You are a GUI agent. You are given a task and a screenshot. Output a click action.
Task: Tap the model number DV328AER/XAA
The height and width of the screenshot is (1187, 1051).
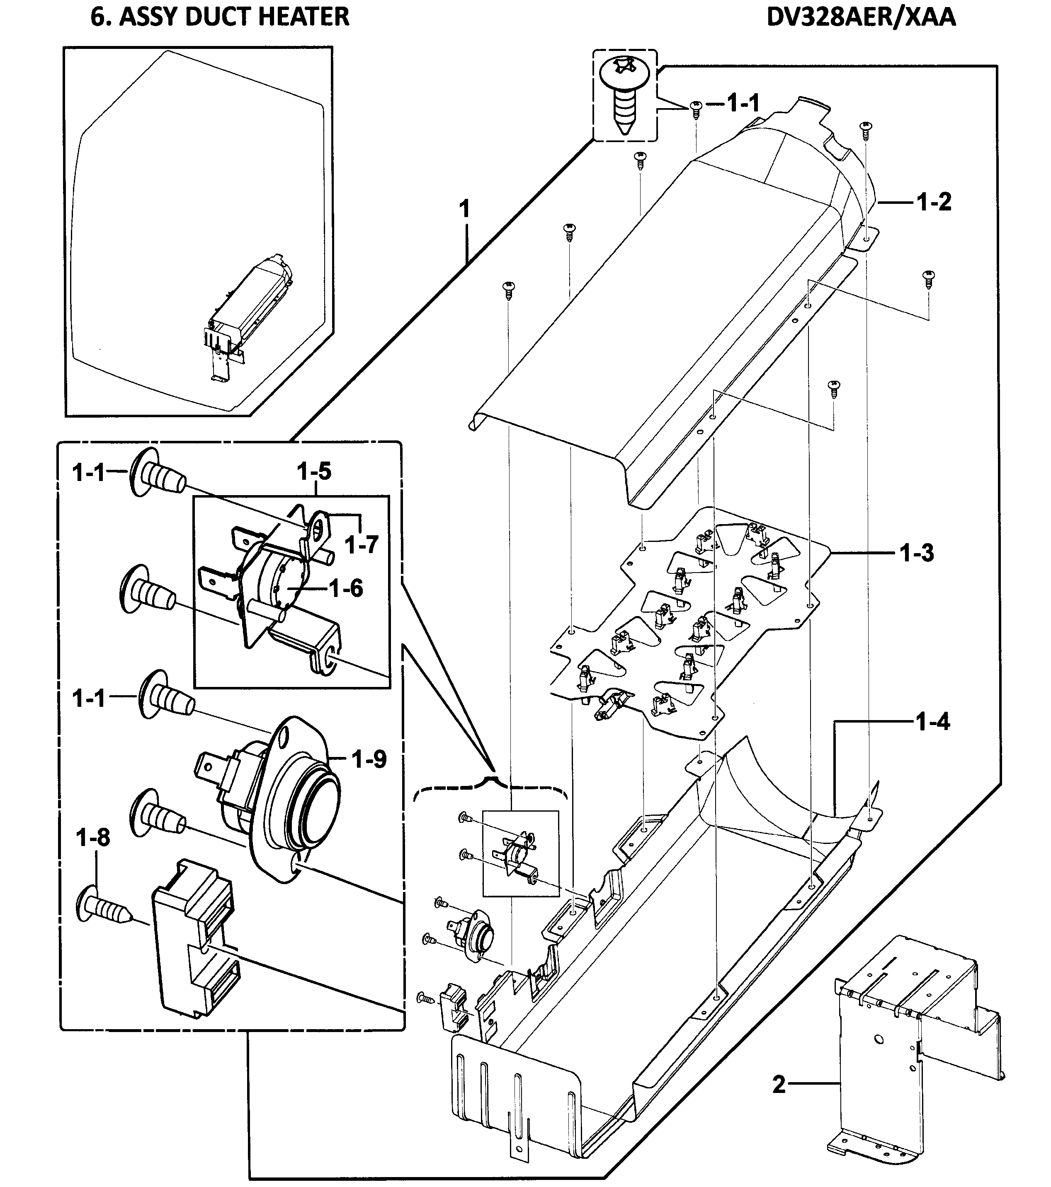(x=861, y=17)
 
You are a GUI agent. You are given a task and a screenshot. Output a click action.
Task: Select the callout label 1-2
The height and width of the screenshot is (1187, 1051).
(x=934, y=202)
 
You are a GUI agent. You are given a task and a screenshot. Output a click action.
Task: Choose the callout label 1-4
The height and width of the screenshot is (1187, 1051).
(x=932, y=723)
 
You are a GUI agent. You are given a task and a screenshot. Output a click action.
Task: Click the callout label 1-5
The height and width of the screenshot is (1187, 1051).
(x=314, y=471)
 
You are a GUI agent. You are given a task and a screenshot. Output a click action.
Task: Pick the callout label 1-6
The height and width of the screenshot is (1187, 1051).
(x=346, y=589)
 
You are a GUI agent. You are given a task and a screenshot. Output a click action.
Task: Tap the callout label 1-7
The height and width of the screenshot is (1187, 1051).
(x=362, y=545)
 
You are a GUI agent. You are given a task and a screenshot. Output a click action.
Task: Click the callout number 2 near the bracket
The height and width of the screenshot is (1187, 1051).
(x=779, y=1085)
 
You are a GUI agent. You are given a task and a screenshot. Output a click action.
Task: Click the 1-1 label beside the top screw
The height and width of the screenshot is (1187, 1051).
(x=743, y=103)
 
